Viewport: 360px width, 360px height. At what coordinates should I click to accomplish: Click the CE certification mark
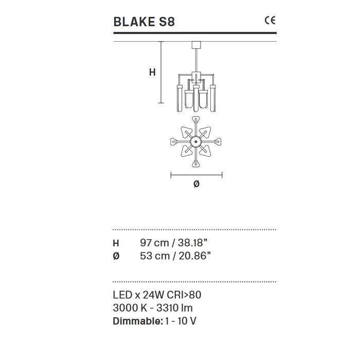269,21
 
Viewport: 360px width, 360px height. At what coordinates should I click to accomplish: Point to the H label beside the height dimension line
152,73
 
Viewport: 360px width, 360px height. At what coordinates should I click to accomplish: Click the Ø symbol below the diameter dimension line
196,184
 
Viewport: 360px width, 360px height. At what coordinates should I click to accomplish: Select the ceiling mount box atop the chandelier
195,45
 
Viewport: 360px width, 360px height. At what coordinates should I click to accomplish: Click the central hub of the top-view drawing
196,142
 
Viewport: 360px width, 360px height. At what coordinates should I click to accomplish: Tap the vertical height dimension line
161,72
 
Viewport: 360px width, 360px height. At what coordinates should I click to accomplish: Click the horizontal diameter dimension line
196,175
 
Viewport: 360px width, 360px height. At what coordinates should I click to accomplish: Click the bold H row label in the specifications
116,243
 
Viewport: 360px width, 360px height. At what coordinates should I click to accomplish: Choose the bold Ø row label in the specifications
116,256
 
